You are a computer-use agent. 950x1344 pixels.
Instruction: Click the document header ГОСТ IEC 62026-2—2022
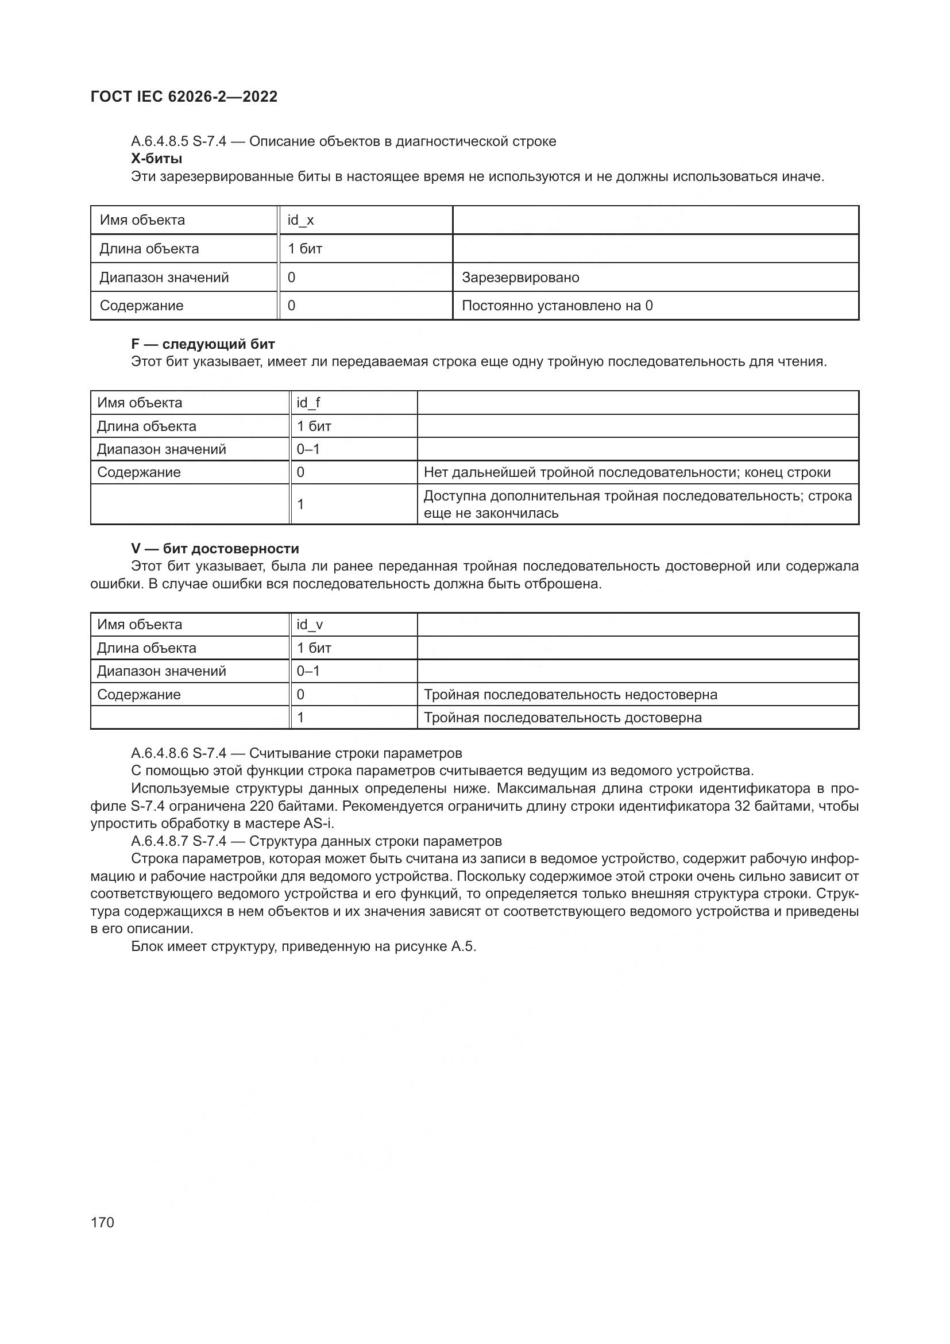pos(184,97)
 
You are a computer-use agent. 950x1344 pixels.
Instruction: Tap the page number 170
pos(102,1222)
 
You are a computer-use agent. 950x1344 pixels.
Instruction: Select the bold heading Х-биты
pos(156,159)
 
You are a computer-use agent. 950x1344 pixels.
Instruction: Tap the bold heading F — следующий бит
pos(202,344)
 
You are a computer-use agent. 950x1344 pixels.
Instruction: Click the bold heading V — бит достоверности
pos(215,549)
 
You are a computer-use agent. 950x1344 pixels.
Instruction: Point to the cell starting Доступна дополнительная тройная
pos(637,504)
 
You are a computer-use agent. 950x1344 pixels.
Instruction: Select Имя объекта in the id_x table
pos(142,220)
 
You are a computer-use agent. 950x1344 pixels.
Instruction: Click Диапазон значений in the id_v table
pos(161,671)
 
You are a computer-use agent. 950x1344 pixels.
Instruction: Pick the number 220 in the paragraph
pos(261,806)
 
